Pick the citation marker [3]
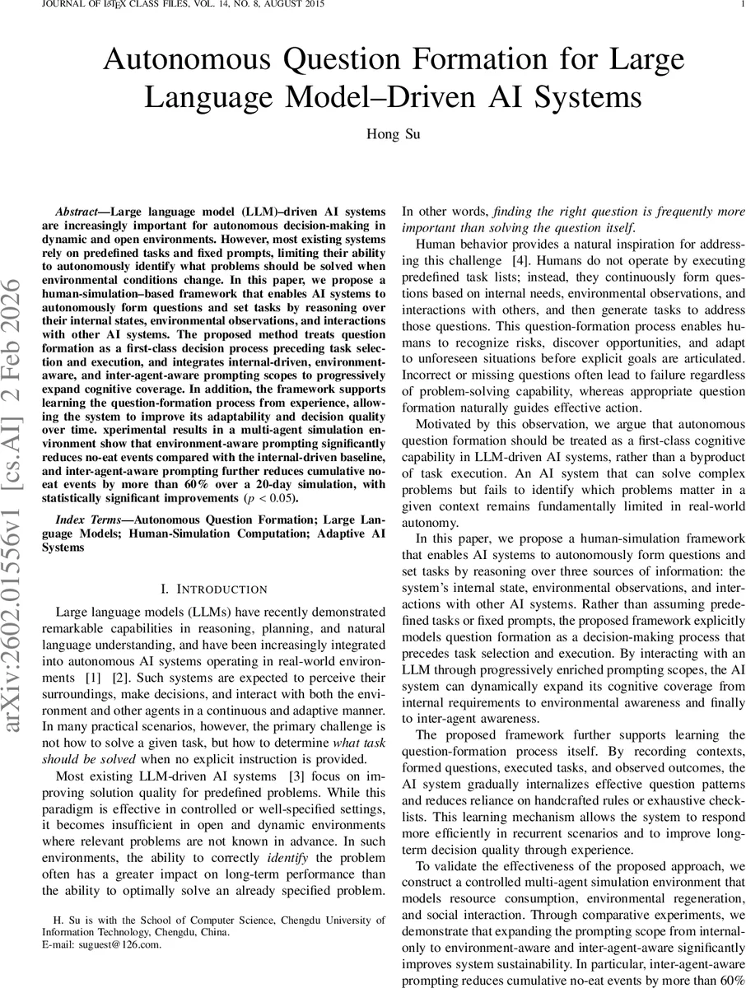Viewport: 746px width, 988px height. click(x=287, y=776)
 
